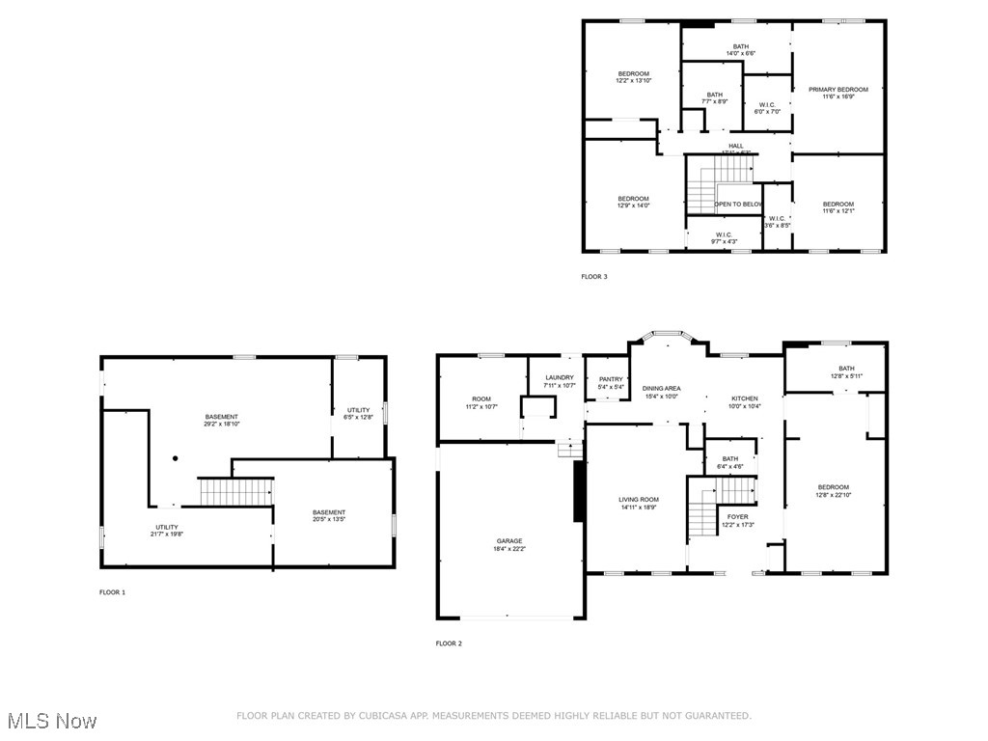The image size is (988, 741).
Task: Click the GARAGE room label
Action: (509, 541)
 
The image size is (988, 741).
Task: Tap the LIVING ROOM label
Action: (639, 500)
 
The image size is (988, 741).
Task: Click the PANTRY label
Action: (611, 379)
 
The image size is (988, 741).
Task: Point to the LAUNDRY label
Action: (559, 378)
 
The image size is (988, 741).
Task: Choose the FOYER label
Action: (737, 517)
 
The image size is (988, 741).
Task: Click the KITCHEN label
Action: (744, 398)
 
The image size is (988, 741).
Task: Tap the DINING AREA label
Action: (661, 388)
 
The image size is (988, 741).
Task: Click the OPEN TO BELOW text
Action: (738, 205)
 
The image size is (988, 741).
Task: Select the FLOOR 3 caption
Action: (594, 277)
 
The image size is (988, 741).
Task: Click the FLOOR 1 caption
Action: (113, 592)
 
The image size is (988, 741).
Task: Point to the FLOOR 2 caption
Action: (449, 644)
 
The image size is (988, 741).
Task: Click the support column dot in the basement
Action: (175, 458)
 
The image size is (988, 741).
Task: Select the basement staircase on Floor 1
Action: (235, 491)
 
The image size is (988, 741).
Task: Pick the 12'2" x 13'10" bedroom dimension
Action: (634, 81)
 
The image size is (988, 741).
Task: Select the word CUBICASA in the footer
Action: (380, 716)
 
